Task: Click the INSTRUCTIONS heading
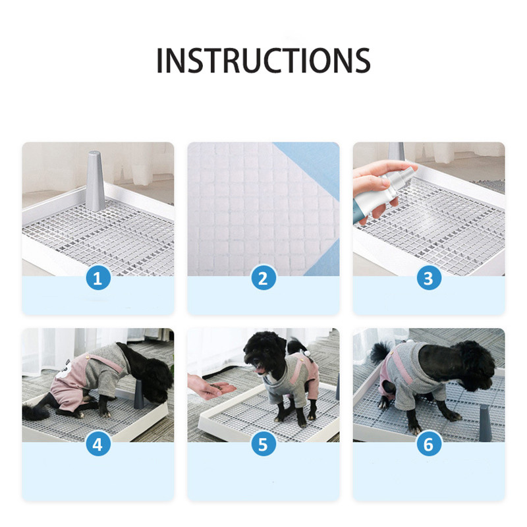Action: (263, 60)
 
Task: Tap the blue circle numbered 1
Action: (97, 278)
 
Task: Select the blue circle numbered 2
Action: (263, 278)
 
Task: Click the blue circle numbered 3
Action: (429, 278)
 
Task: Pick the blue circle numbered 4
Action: (97, 444)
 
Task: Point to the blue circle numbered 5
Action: (263, 444)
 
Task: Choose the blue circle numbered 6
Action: (429, 444)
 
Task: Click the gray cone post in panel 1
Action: (95, 182)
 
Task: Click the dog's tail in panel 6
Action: (381, 352)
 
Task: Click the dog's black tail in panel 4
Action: (36, 412)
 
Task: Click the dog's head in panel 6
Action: (476, 366)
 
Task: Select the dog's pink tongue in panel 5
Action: (260, 370)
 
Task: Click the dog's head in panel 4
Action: (156, 380)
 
